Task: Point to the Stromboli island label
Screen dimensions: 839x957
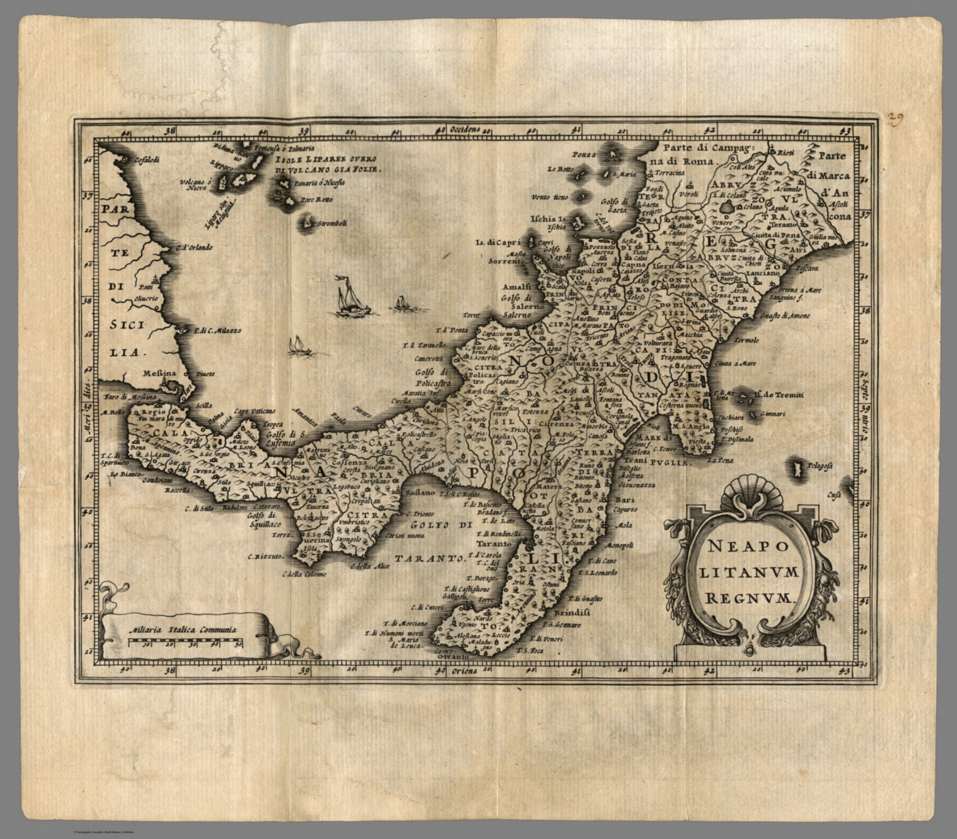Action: (x=331, y=223)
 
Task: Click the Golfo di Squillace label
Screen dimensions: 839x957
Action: (x=261, y=520)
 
